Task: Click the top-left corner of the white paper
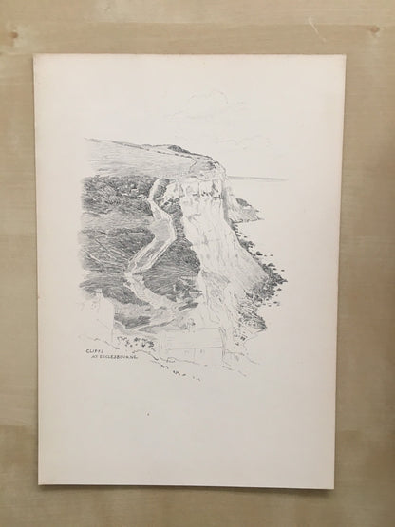[x=34, y=56]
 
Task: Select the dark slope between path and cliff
[x=180, y=256]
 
